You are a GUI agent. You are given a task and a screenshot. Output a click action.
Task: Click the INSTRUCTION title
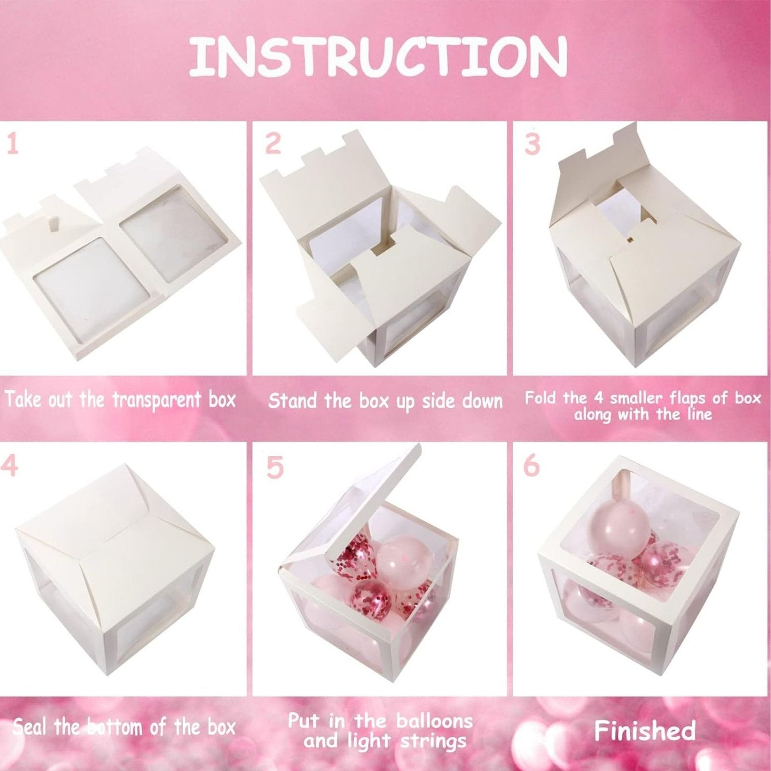point(378,57)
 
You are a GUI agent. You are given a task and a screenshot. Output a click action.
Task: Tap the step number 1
point(13,144)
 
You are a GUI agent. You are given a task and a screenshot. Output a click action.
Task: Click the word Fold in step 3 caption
point(541,398)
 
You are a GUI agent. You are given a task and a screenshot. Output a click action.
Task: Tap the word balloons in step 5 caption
point(434,721)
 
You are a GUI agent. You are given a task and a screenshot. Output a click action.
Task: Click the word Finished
point(645,731)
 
